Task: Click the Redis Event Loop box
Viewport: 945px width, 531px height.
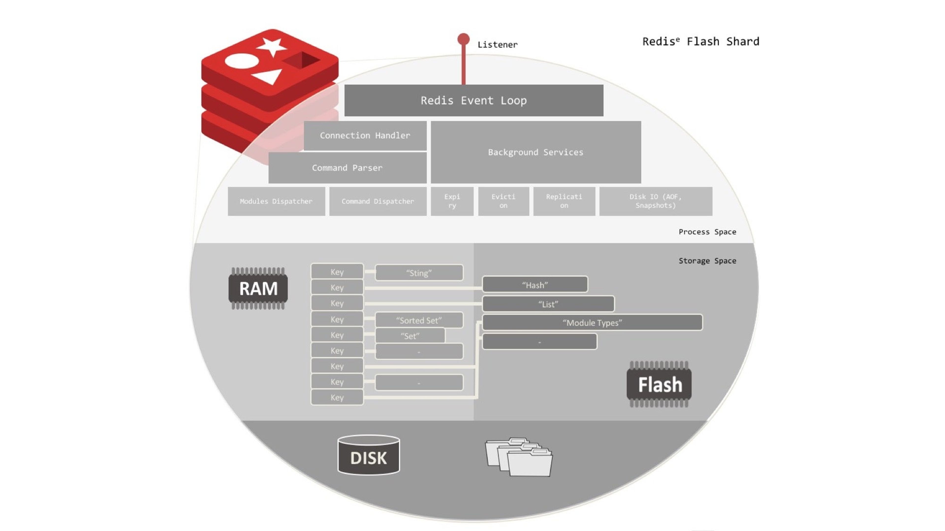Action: point(473,100)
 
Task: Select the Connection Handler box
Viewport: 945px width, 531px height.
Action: point(365,136)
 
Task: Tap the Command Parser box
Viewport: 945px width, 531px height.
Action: point(347,168)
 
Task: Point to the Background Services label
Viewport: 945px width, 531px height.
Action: point(535,152)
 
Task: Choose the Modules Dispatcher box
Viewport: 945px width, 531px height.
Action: point(276,201)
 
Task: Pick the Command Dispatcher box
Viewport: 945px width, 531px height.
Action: point(378,201)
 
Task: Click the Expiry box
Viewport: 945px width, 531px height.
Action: point(452,201)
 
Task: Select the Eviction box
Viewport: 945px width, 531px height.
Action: point(503,201)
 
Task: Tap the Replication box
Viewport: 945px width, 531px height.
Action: point(564,201)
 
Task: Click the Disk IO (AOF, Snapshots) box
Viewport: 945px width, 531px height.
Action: point(656,201)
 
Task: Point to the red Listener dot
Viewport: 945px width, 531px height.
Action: point(463,39)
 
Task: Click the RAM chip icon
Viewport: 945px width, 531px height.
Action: point(258,288)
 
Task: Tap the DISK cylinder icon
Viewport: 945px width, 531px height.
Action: point(368,455)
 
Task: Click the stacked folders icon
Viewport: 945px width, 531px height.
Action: point(519,457)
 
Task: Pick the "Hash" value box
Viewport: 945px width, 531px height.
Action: point(535,285)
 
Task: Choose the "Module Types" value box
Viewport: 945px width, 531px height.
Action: point(592,323)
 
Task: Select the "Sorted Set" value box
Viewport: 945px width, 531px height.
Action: point(419,320)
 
